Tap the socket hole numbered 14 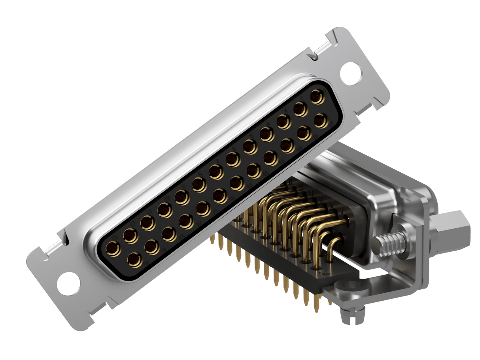(321, 121)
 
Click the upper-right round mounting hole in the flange (351, 72)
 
